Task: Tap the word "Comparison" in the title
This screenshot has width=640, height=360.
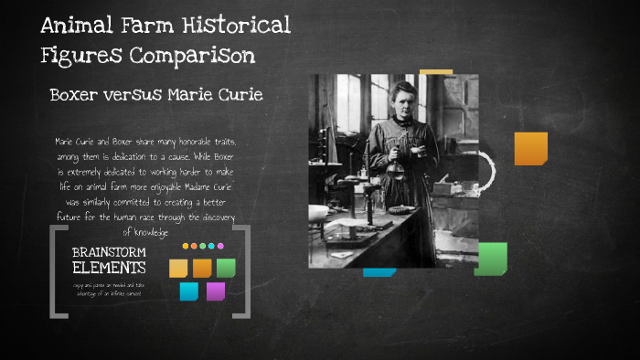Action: coord(191,56)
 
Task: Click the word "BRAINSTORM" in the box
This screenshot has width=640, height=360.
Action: coord(109,252)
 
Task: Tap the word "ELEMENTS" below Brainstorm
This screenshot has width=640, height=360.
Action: coord(109,269)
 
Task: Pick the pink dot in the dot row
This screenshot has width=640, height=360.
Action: coord(219,246)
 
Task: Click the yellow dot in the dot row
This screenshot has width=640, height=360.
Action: coord(186,246)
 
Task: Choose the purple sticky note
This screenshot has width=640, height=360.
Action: coord(215,291)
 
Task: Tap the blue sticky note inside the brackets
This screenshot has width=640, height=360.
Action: coord(188,291)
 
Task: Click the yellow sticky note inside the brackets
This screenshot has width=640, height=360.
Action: coord(178,268)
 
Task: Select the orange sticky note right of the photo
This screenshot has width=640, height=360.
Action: coord(530,149)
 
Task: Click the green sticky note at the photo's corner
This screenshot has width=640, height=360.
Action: coord(491,259)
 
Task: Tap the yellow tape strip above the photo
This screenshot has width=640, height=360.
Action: coord(436,72)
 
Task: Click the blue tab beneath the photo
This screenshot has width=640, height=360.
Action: coord(379,272)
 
